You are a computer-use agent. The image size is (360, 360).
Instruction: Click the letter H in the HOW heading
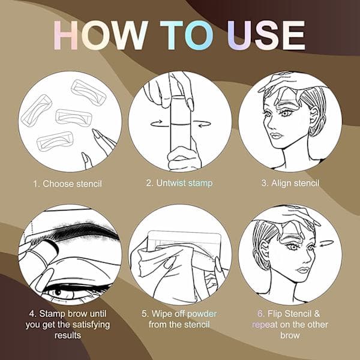click(65, 35)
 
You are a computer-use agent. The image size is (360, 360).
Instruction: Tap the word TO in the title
click(187, 35)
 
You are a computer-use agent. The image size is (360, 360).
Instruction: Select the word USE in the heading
click(266, 35)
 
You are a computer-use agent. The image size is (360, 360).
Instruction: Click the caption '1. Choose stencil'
click(67, 184)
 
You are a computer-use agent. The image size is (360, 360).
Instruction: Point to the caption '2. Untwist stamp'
click(179, 183)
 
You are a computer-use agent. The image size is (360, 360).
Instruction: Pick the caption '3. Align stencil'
click(290, 183)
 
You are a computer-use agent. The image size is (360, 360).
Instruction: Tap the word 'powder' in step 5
click(202, 314)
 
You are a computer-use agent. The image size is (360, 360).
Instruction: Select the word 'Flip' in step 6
click(275, 314)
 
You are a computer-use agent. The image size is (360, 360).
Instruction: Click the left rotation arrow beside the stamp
click(157, 123)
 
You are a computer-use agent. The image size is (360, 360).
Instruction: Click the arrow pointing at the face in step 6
click(326, 243)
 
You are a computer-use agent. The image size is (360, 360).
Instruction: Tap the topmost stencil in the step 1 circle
click(88, 92)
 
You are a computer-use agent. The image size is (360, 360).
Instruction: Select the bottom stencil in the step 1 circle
click(55, 141)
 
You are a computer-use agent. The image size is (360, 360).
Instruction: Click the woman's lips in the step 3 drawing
click(276, 136)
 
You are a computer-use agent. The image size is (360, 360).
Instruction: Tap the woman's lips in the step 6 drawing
click(302, 270)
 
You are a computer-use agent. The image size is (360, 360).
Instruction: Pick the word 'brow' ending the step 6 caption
click(290, 335)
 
